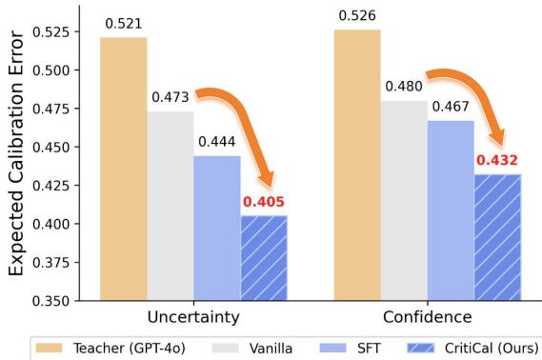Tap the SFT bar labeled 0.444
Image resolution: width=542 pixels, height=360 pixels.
pos(217,228)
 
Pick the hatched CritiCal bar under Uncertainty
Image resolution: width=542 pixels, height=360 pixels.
pos(264,257)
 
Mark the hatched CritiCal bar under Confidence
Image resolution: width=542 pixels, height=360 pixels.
pos(497,237)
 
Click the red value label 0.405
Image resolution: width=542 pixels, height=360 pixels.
pos(264,202)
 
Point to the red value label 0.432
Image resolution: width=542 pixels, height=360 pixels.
pos(497,161)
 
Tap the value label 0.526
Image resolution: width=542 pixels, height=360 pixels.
pos(357,16)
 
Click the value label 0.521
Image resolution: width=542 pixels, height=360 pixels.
pos(124,23)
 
